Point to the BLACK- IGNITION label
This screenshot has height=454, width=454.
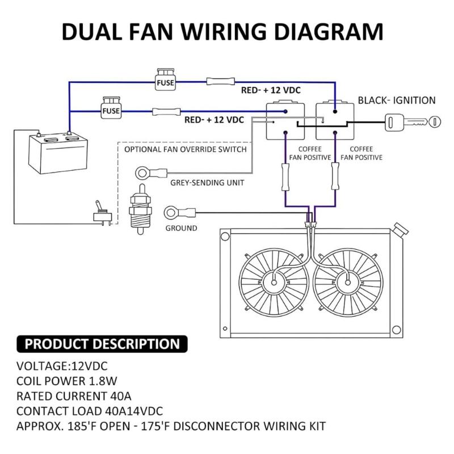[x=396, y=100]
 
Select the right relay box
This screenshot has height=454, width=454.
[x=335, y=120]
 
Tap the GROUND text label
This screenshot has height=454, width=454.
[x=181, y=228]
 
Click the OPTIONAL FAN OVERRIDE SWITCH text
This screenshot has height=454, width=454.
[x=185, y=150]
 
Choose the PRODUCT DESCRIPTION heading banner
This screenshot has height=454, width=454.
[x=102, y=343]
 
